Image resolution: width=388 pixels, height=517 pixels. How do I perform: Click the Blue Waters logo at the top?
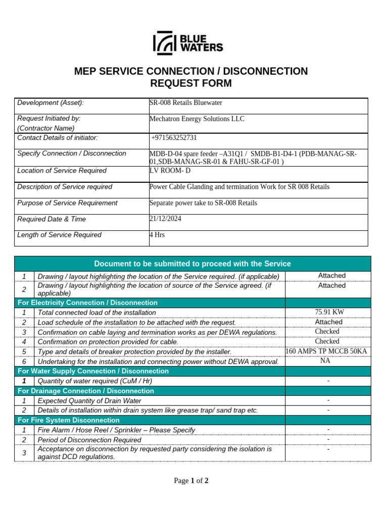point(188,43)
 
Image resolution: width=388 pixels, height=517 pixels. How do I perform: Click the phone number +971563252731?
point(174,138)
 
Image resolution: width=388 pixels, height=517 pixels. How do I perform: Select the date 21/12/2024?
point(165,219)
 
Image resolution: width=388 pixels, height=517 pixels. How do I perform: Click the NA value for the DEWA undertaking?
point(325,361)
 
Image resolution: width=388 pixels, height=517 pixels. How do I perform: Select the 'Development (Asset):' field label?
point(51,103)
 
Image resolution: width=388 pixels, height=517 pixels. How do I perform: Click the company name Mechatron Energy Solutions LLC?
point(197,119)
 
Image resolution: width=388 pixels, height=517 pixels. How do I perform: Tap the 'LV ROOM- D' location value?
point(170,171)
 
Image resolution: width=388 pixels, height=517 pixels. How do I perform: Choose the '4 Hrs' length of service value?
point(157,235)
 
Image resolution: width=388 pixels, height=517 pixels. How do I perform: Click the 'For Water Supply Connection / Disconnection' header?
point(93,371)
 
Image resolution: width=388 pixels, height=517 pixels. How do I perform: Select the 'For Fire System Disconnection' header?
point(69,420)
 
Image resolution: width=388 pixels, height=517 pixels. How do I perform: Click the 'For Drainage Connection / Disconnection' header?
point(86,391)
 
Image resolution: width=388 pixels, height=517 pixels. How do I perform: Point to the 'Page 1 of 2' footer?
point(191,481)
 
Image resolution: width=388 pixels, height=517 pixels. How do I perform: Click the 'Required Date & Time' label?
point(52,219)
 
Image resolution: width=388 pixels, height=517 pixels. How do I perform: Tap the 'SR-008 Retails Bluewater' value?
point(186,103)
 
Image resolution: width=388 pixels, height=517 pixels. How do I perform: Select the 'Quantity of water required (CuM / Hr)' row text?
point(95,381)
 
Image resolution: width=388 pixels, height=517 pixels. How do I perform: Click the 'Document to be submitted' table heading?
point(192,264)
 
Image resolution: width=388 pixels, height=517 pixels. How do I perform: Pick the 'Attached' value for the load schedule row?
point(328,322)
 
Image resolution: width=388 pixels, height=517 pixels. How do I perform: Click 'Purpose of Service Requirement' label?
point(67,203)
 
